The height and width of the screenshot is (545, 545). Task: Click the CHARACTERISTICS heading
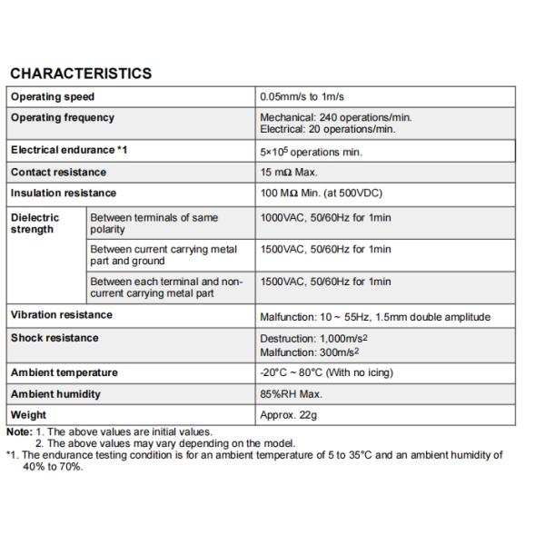[80, 74]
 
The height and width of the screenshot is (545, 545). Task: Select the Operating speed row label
[53, 96]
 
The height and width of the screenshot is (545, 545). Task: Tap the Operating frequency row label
[63, 118]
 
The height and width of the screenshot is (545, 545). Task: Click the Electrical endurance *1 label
[69, 150]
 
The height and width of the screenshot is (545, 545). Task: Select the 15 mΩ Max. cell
[289, 173]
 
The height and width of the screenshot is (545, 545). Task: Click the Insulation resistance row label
[64, 193]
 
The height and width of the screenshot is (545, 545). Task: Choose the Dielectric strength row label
[35, 223]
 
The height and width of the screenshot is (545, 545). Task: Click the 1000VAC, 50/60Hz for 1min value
[325, 218]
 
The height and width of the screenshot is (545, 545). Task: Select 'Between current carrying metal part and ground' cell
[163, 255]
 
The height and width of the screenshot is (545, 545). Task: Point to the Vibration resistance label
[62, 315]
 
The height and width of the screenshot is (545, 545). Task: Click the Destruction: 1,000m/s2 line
[313, 338]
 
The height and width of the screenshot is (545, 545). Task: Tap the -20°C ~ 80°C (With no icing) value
[326, 373]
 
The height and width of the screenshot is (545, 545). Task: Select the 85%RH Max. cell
[291, 395]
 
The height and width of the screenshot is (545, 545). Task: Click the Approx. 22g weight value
[288, 416]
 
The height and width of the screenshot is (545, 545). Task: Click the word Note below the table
[18, 432]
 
